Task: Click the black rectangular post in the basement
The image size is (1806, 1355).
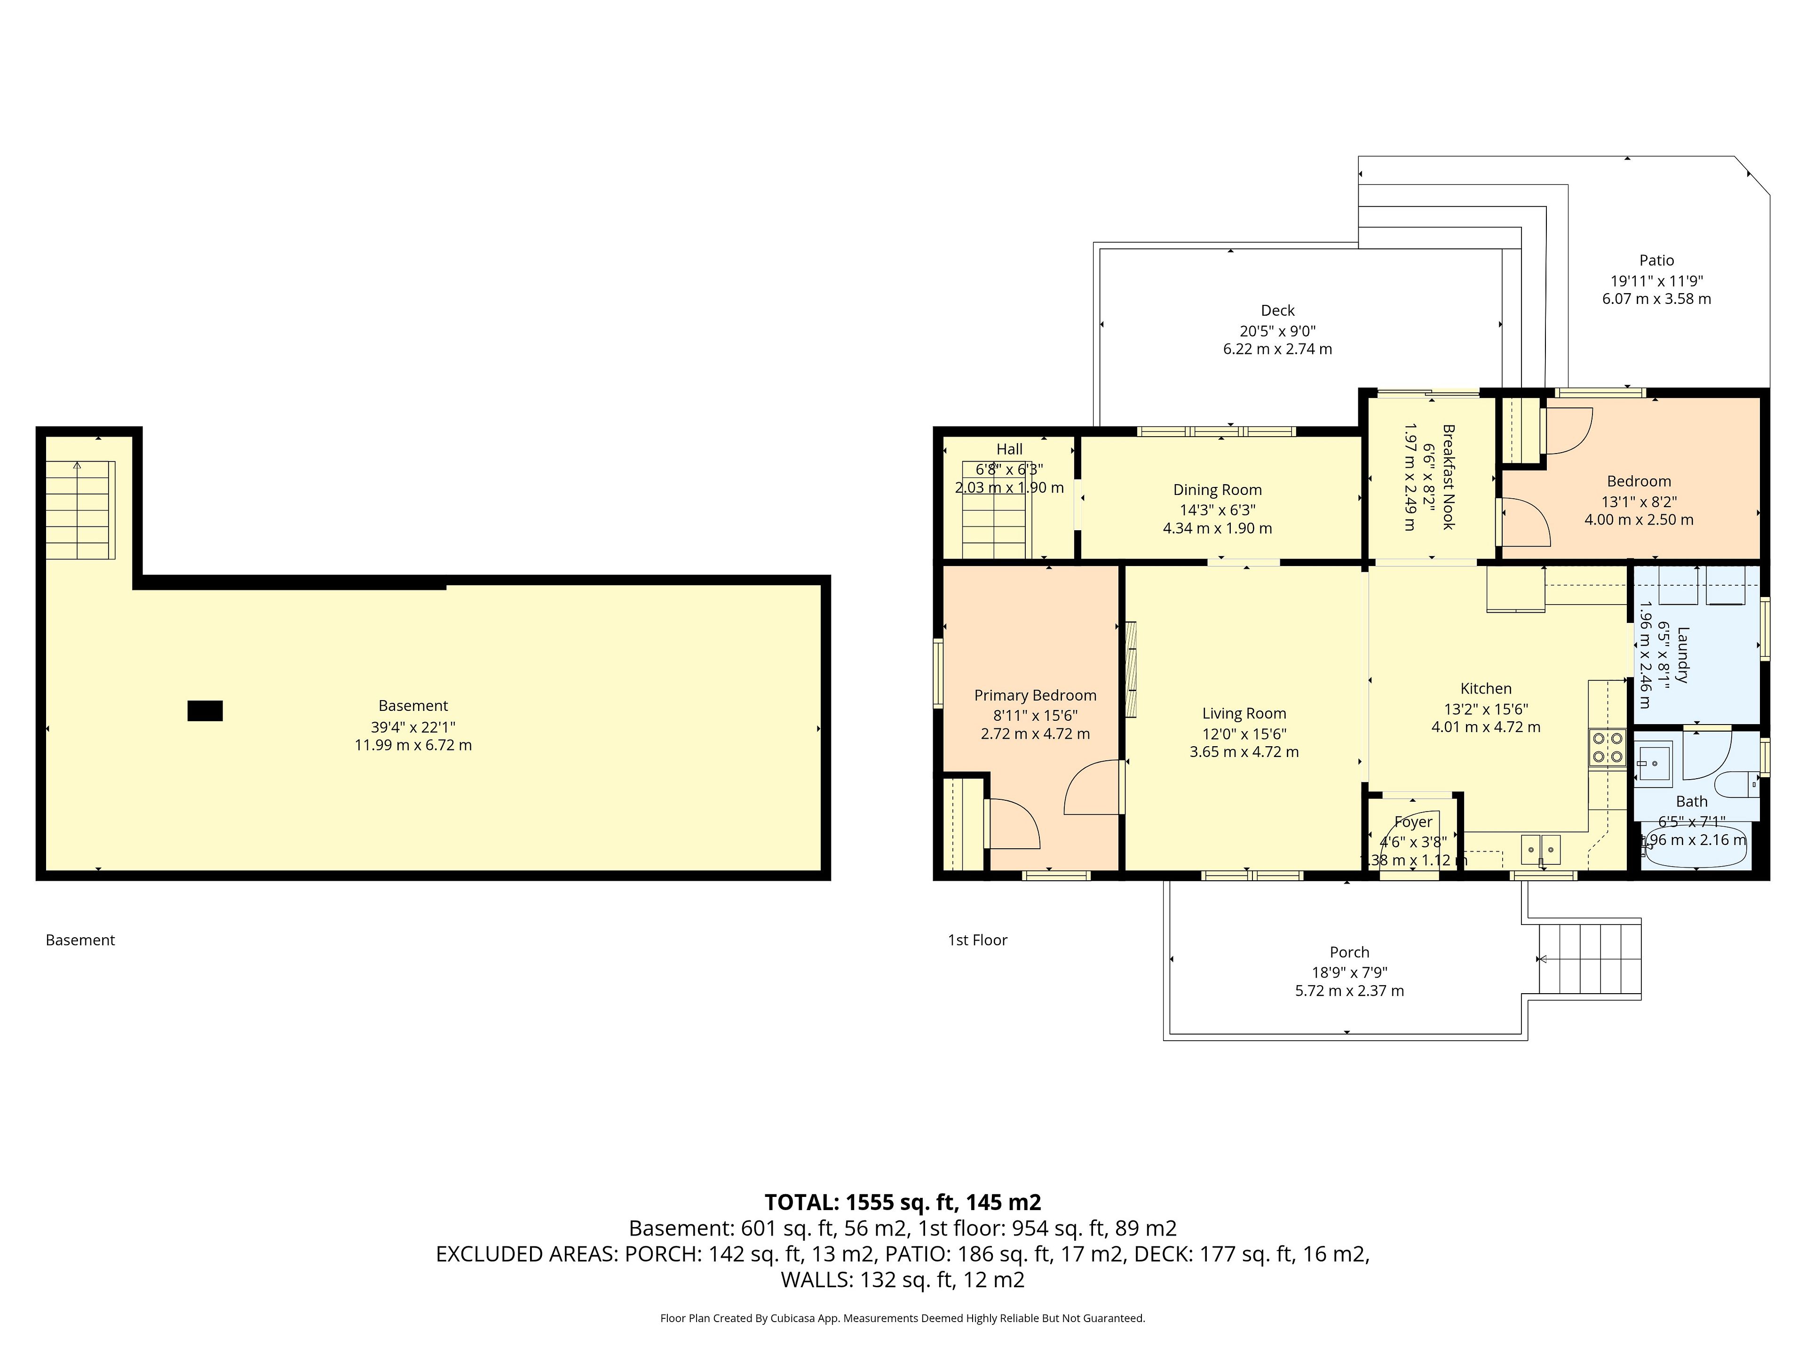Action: (x=205, y=710)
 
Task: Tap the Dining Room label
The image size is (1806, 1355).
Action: (x=1217, y=490)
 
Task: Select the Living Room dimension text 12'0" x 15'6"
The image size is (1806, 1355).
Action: (x=1244, y=733)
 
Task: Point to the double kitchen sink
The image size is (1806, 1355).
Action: (x=1541, y=849)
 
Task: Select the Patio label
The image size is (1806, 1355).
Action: (x=1656, y=261)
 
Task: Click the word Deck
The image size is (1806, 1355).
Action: (x=1278, y=311)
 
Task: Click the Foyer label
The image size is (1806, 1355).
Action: (x=1413, y=821)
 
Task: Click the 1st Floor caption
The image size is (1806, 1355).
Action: (x=977, y=940)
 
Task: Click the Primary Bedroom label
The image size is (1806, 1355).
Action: (x=1035, y=695)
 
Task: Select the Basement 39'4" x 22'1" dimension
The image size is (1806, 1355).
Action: (x=413, y=726)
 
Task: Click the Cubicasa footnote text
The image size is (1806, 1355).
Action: (x=903, y=1317)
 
